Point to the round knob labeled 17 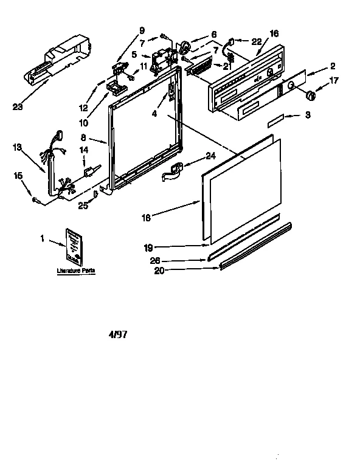(x=311, y=94)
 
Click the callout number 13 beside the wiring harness (x=18, y=147)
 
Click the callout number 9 (x=142, y=30)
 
